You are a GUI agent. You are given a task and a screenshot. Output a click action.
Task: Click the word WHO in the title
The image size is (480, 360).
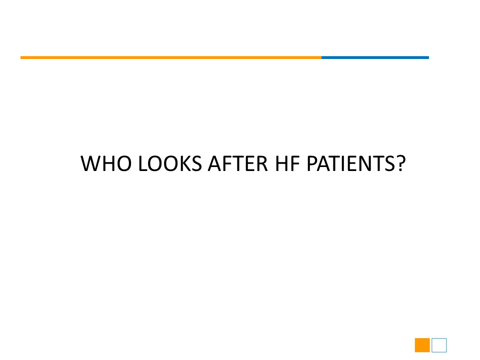106,163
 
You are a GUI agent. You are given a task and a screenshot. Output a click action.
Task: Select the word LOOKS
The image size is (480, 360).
170,163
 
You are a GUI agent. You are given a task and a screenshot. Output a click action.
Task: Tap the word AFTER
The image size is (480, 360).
238,163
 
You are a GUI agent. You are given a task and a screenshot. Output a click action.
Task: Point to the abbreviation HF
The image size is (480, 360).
287,163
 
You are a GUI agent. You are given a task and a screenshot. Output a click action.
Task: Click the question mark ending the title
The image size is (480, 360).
400,163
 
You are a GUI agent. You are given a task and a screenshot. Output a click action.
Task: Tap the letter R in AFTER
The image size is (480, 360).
261,163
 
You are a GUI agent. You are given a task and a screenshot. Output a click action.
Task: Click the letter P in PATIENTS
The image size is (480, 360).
312,163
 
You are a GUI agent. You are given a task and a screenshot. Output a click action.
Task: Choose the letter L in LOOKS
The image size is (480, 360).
143,163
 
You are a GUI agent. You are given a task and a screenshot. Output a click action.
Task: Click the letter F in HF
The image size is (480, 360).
295,163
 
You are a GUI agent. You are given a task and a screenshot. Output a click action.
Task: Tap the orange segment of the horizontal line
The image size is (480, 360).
171,57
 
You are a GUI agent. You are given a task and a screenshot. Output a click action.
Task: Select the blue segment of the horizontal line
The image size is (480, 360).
375,57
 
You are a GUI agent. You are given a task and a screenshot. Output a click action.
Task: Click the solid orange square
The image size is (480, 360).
422,345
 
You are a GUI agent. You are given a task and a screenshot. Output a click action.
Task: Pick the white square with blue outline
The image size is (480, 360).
439,338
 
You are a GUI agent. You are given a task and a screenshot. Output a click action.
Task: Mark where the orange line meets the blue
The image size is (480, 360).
321,57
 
